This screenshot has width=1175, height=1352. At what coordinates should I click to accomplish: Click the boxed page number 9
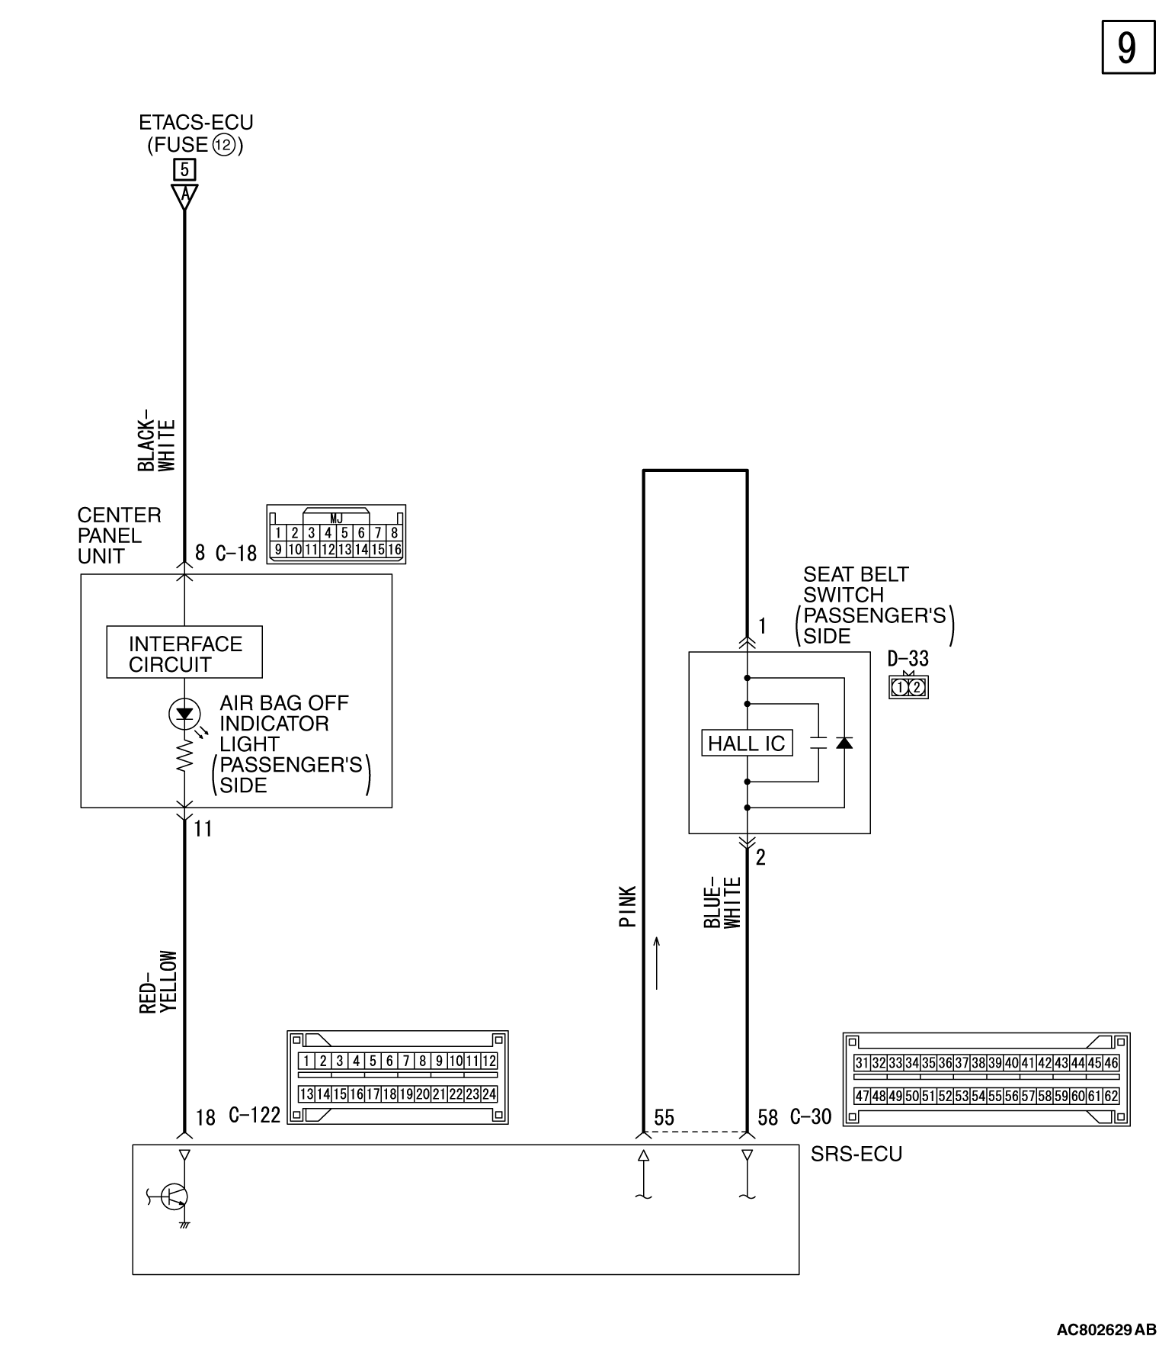(1128, 47)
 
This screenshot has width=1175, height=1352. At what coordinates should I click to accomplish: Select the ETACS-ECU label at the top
(196, 123)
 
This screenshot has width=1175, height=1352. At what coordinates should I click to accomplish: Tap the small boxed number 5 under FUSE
(184, 169)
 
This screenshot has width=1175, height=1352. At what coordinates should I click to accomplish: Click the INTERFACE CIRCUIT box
(184, 653)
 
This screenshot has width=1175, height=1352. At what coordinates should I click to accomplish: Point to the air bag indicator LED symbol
(184, 714)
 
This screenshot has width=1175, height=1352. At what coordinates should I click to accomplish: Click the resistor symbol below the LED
(184, 758)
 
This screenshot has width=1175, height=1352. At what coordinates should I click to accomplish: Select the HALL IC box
(747, 743)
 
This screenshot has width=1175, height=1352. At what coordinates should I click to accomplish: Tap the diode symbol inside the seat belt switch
(844, 743)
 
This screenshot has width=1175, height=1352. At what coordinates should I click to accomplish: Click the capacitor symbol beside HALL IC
(818, 743)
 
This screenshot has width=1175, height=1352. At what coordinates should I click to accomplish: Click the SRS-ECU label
(856, 1154)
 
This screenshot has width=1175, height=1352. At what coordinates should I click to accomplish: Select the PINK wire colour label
(628, 907)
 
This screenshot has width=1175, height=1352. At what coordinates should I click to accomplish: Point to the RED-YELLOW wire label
(158, 982)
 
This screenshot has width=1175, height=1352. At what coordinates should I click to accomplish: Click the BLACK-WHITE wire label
(157, 445)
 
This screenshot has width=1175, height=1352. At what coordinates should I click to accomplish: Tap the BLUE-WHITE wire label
(722, 903)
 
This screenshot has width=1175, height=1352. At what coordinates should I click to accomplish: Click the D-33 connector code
(908, 658)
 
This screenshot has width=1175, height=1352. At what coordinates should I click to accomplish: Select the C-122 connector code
(255, 1116)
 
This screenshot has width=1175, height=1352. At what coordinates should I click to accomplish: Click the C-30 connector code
(811, 1117)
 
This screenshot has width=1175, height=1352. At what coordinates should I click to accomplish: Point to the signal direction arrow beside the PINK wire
(656, 963)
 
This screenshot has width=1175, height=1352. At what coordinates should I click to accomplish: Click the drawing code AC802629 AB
(1106, 1330)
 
